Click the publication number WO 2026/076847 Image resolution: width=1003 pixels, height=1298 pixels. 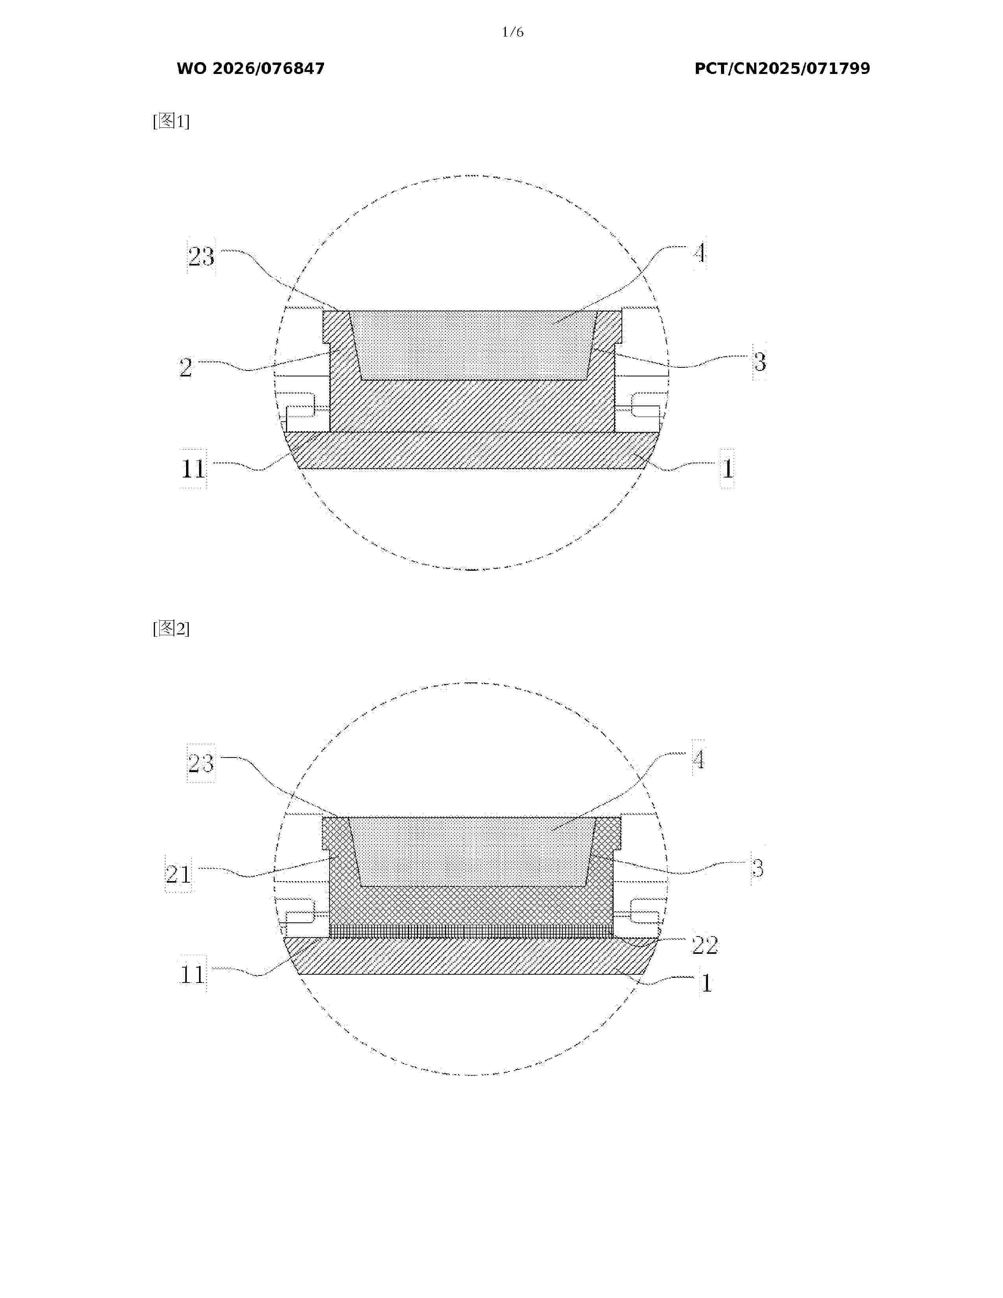point(251,69)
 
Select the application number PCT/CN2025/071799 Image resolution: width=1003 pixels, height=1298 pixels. point(782,69)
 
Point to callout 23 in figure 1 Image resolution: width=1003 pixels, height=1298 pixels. point(201,257)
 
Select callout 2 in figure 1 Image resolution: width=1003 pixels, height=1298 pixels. point(186,367)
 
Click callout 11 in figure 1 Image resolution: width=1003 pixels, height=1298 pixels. point(193,469)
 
